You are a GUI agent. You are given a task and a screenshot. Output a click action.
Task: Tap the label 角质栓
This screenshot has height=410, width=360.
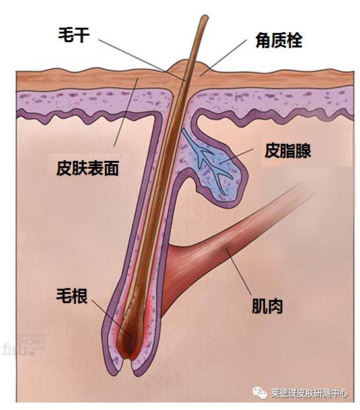279,40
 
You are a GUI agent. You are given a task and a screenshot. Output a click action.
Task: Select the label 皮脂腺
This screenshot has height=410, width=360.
287,150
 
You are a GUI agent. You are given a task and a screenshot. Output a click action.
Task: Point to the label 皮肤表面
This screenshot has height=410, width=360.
88,168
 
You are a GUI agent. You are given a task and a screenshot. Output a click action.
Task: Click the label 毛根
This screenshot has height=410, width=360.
72,296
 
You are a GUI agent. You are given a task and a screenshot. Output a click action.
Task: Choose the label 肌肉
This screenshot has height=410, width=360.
267,306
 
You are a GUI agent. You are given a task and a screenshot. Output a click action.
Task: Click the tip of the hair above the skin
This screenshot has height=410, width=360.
204,17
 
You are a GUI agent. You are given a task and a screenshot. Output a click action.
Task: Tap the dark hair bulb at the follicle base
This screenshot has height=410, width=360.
129,340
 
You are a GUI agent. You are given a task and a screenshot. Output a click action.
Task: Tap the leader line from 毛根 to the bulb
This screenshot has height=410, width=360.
111,317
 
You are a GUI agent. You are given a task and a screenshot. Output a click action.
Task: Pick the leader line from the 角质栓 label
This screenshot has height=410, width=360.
224,57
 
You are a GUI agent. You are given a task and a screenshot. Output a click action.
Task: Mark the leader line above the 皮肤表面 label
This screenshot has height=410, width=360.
126,112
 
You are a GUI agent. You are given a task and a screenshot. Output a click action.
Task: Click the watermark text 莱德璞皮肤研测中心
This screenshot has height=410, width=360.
309,394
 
